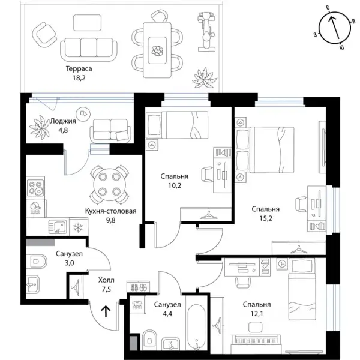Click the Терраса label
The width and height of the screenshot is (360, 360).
click(x=79, y=68)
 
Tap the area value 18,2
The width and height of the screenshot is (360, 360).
click(x=79, y=78)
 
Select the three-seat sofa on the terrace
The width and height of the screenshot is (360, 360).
click(x=89, y=50)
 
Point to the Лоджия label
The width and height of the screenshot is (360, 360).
click(x=63, y=121)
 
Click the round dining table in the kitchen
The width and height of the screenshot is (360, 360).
click(x=110, y=184)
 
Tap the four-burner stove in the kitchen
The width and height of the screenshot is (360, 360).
click(x=35, y=188)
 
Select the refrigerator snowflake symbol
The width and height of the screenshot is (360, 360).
click(x=79, y=227)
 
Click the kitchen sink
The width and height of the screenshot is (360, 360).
click(x=58, y=227)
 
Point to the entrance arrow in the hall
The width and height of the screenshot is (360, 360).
click(x=106, y=311)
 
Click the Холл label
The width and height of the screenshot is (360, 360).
click(x=106, y=280)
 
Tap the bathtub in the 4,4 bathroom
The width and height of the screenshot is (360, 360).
click(x=197, y=327)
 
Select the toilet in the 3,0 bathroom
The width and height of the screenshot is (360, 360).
click(x=37, y=261)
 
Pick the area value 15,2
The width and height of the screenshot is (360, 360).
click(x=266, y=218)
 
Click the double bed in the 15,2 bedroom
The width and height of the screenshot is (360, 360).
click(x=265, y=149)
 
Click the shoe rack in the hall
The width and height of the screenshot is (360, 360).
click(x=138, y=287)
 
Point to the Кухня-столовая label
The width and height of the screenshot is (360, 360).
click(x=110, y=211)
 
